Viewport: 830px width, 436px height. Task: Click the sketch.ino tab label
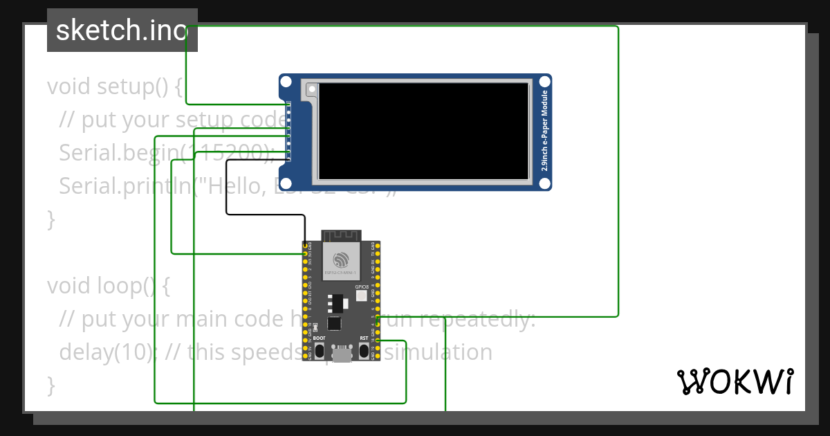[x=122, y=30]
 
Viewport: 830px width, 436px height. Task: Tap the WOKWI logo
[x=735, y=381]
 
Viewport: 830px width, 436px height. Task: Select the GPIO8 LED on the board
[x=361, y=296]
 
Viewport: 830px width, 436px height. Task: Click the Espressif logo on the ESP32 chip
[x=340, y=260]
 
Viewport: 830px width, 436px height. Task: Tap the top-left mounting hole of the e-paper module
[x=287, y=82]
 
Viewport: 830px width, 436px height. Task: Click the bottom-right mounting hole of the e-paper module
[x=544, y=183]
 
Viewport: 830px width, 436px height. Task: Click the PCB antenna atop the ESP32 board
[x=341, y=236]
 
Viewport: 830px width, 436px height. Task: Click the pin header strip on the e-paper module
[x=288, y=131]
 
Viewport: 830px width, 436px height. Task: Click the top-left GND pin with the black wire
[x=305, y=246]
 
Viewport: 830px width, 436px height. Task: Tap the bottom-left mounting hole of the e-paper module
[x=287, y=183]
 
